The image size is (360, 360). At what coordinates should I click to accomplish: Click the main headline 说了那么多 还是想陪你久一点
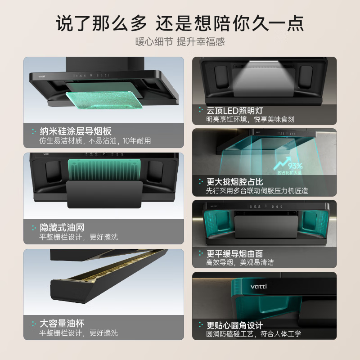pyautogui.click(x=180, y=22)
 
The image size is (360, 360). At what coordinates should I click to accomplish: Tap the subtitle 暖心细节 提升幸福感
pyautogui.click(x=180, y=42)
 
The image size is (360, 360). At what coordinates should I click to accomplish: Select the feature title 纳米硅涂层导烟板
pyautogui.click(x=76, y=131)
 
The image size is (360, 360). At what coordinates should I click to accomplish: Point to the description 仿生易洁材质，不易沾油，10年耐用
pyautogui.click(x=95, y=141)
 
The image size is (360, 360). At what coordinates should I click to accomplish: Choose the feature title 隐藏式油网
pyautogui.click(x=62, y=227)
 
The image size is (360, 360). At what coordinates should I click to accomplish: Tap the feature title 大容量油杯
pyautogui.click(x=62, y=324)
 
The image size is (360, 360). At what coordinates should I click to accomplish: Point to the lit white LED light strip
pyautogui.click(x=265, y=68)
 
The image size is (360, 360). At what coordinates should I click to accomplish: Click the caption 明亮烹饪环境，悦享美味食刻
pyautogui.click(x=250, y=119)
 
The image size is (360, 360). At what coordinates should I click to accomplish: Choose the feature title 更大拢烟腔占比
pyautogui.click(x=234, y=182)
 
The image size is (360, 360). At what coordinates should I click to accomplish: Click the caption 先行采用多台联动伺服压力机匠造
pyautogui.click(x=257, y=191)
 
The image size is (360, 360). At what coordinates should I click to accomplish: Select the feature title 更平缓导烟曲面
pyautogui.click(x=234, y=253)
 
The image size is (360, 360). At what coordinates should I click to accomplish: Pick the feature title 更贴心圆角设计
pyautogui.click(x=234, y=325)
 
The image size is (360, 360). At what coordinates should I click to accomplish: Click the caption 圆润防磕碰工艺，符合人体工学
pyautogui.click(x=253, y=334)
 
